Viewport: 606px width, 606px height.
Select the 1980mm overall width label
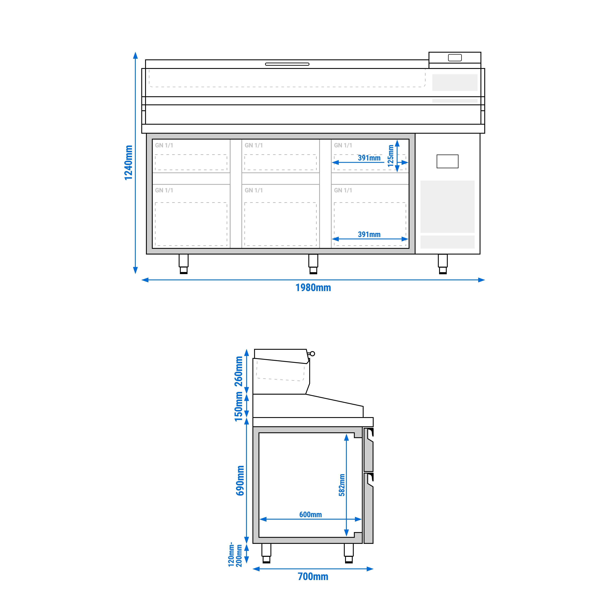point(313,288)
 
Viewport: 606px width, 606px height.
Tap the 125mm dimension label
point(390,156)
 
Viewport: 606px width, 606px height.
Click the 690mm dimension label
point(240,480)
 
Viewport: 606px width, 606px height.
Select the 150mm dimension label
point(239,407)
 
